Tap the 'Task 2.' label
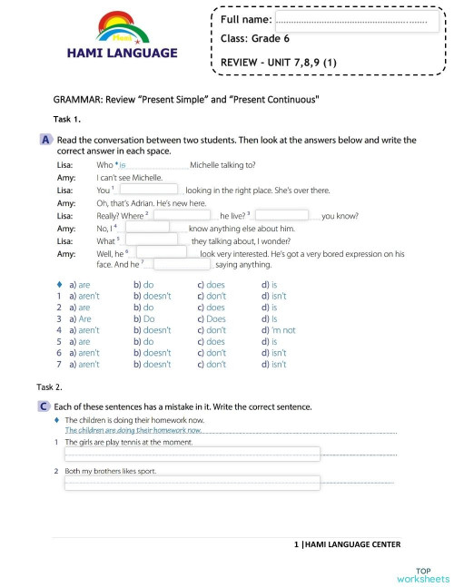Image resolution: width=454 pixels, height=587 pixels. coord(50,386)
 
